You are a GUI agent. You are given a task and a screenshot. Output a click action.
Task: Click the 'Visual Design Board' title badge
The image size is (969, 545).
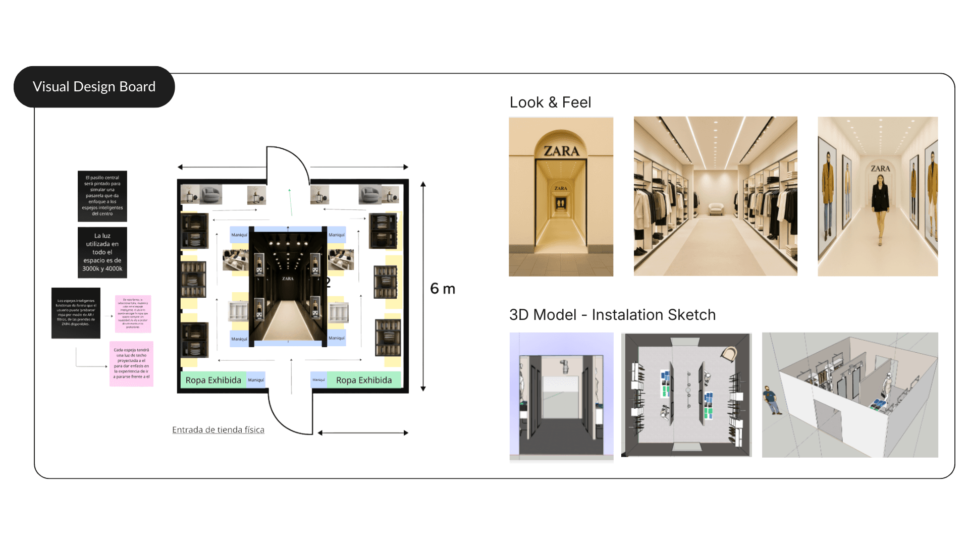[x=94, y=87]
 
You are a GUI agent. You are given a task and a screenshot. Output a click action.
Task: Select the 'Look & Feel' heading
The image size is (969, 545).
[x=550, y=102]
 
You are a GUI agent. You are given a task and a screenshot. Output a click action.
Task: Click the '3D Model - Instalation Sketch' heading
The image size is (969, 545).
[x=612, y=315]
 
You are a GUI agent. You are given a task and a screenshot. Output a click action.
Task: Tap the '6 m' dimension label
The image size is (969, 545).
[x=443, y=289]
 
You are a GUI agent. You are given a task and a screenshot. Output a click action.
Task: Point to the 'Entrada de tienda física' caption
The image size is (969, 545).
[x=218, y=430]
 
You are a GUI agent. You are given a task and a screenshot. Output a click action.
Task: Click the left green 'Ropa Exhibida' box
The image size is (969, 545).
[x=213, y=380]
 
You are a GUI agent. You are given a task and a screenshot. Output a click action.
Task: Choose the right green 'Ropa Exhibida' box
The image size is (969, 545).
[x=364, y=380]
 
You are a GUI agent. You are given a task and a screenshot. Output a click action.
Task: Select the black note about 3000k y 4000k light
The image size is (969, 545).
[x=102, y=252]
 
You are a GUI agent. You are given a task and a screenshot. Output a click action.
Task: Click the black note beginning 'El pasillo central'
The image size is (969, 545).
[x=102, y=196]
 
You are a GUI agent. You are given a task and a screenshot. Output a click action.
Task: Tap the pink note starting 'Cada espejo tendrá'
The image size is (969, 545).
[x=131, y=363]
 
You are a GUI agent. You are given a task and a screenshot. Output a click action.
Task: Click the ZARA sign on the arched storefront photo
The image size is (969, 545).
[x=561, y=151]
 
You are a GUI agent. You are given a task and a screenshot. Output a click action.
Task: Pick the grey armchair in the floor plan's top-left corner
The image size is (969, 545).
[x=211, y=194]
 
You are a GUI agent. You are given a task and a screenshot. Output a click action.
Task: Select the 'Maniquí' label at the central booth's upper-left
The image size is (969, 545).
[x=239, y=235]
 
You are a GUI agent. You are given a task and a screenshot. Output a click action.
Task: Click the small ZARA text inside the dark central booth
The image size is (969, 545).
[x=288, y=279]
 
